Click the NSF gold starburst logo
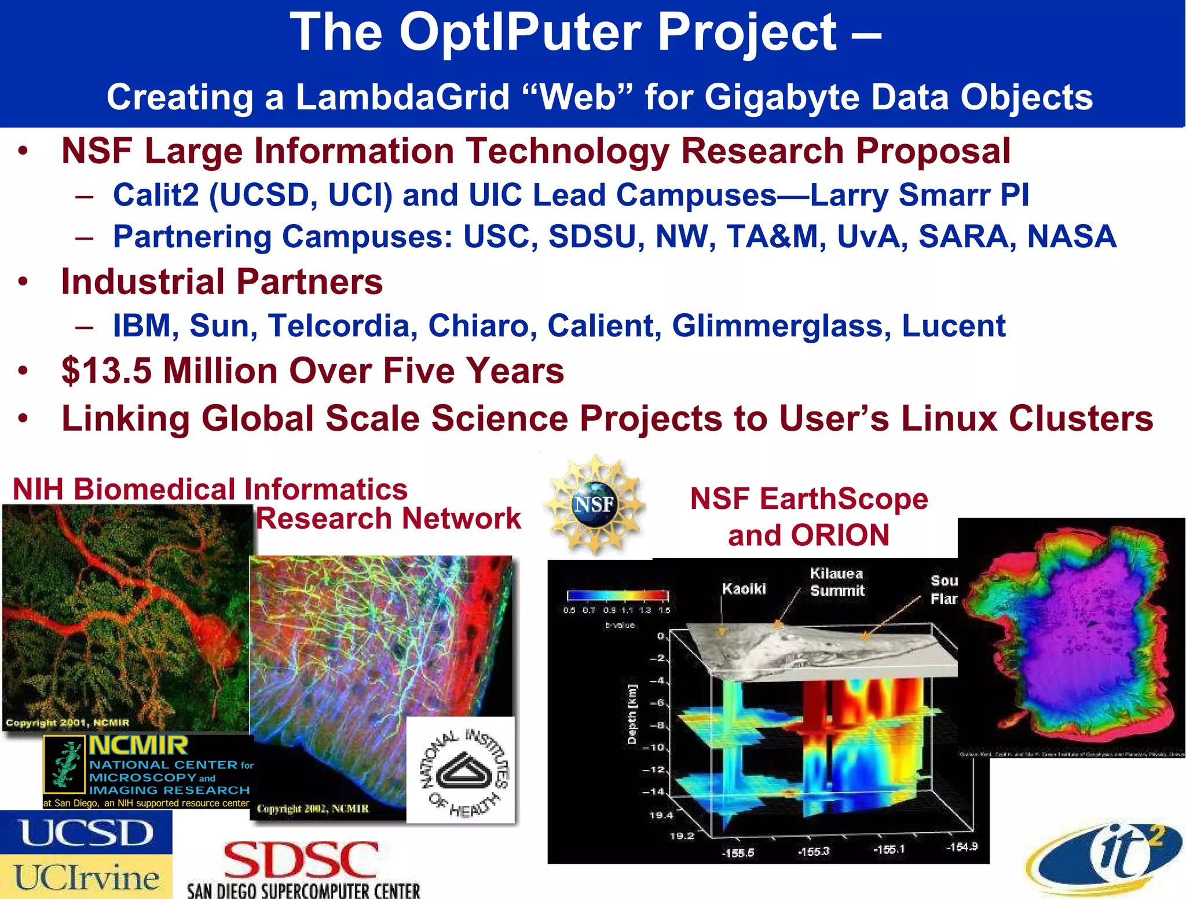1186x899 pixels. point(595,504)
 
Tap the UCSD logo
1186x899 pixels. point(87,833)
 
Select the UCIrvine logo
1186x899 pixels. point(87,878)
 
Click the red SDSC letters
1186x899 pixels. point(301,861)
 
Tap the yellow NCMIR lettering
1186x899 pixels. point(139,746)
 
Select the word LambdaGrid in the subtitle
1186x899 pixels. point(402,97)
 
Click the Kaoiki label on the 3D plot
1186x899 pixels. point(744,589)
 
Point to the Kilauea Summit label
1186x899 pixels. point(837,582)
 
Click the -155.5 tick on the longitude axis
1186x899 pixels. point(737,853)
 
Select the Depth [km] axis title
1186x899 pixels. point(632,713)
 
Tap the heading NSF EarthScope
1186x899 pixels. point(809,499)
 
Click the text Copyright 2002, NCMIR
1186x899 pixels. point(313,809)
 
